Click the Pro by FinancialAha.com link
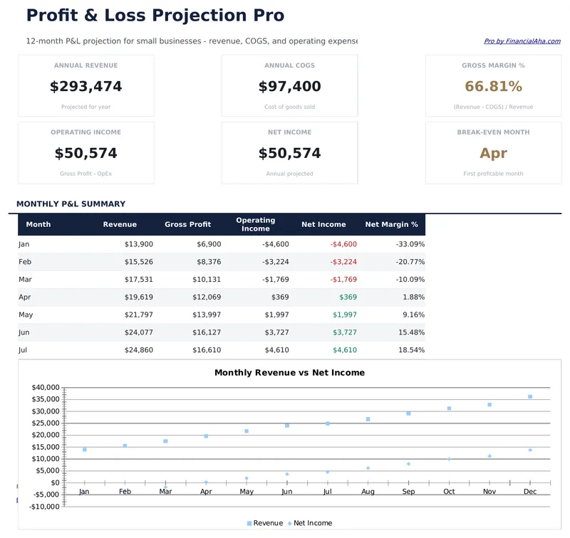pos(522,41)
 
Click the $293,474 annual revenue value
pos(85,87)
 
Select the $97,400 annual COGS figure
pos(289,87)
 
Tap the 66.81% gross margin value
pos(493,87)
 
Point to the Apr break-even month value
pos(493,153)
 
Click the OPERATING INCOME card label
pos(85,132)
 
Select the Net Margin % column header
pos(391,224)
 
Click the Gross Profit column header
pos(187,224)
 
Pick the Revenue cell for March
pos(138,280)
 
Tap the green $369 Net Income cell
pos(348,297)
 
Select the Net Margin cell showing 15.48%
pos(410,332)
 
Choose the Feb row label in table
pos(25,262)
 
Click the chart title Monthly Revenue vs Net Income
pos(289,373)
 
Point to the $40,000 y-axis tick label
pos(45,387)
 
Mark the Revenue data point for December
pos(530,397)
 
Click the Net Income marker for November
pos(489,456)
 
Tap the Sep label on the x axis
pos(408,492)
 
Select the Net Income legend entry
pos(312,523)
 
